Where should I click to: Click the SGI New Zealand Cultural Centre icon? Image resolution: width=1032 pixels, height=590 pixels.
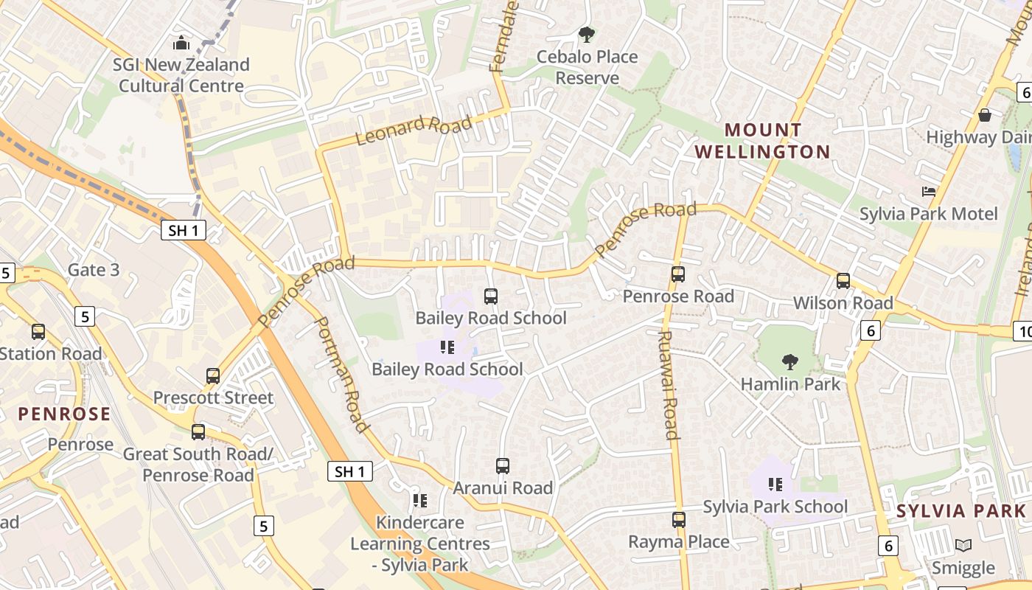(x=181, y=43)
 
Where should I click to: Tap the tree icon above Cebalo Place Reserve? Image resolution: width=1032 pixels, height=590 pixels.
(x=587, y=34)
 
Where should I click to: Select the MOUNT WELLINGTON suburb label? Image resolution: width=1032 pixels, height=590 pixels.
(x=762, y=141)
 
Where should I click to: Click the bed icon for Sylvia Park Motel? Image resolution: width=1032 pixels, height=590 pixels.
(x=929, y=192)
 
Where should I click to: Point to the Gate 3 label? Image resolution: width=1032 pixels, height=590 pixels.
(x=94, y=270)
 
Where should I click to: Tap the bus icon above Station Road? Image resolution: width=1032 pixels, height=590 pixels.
(x=38, y=332)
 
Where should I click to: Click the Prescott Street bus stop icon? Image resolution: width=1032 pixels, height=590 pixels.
(x=213, y=375)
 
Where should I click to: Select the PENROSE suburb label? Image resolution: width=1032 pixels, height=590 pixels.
(x=64, y=414)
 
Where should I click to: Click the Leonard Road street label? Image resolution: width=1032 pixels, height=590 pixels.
(x=413, y=130)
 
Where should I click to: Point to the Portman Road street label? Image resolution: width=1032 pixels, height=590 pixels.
(x=341, y=375)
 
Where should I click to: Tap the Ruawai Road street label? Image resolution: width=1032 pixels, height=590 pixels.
(x=667, y=384)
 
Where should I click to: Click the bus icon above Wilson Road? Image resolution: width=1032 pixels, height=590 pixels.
(x=843, y=281)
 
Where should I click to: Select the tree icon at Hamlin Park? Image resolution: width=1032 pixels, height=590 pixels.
(x=790, y=361)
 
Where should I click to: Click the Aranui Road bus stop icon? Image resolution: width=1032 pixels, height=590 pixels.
(x=503, y=465)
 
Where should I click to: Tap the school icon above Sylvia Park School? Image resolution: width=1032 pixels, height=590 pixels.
(x=775, y=485)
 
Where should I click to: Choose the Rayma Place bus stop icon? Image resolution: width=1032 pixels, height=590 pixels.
(x=679, y=519)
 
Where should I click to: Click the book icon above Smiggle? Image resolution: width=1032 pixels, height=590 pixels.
(x=963, y=545)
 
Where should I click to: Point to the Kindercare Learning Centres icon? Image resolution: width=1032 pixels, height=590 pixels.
(x=420, y=501)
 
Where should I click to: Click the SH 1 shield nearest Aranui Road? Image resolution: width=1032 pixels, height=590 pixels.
(x=349, y=472)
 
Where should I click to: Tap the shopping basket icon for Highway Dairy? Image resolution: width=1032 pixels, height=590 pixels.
(x=984, y=115)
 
